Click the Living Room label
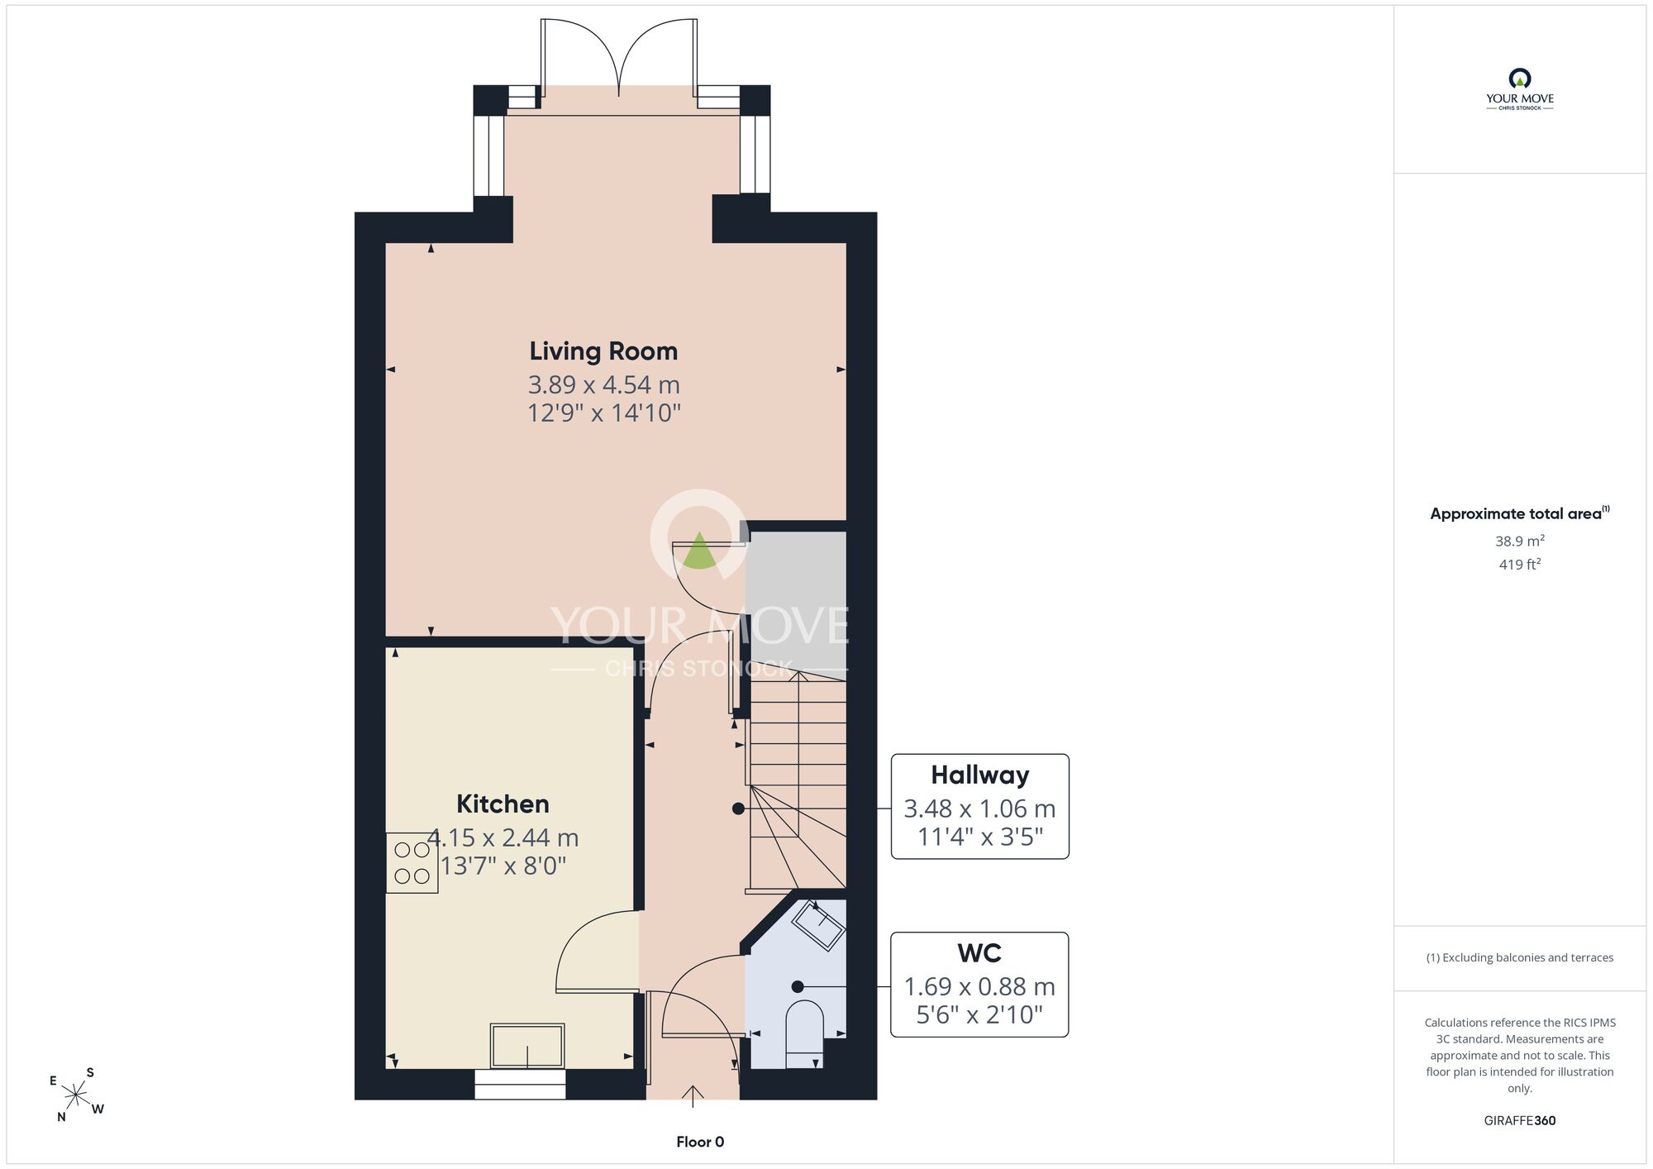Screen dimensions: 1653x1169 [x=603, y=351]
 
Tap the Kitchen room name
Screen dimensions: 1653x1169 [x=503, y=804]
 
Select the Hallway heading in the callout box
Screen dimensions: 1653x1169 [x=979, y=775]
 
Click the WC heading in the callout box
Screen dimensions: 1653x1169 [x=979, y=953]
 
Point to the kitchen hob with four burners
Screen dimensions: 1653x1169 [x=412, y=863]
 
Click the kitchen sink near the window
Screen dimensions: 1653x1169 [x=527, y=1046]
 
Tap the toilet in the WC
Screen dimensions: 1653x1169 [x=804, y=1033]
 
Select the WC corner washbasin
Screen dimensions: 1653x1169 [x=818, y=925]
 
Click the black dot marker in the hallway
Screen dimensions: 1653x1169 [x=737, y=809]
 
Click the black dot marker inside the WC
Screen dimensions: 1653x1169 [x=798, y=986]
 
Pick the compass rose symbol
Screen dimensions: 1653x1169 [x=76, y=1095]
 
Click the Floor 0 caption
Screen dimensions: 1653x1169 [x=700, y=1142]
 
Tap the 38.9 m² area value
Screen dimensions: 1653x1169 [x=1519, y=542]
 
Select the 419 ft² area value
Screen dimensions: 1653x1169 [x=1519, y=565]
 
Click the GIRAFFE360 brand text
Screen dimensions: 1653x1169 [x=1519, y=1121]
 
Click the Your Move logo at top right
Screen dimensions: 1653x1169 [x=1519, y=89]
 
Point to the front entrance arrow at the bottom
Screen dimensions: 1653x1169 [x=693, y=1095]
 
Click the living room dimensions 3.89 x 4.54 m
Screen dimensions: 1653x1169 [x=604, y=384]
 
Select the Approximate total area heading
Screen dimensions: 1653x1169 [x=1519, y=513]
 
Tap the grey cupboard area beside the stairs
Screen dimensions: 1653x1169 [x=796, y=599]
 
